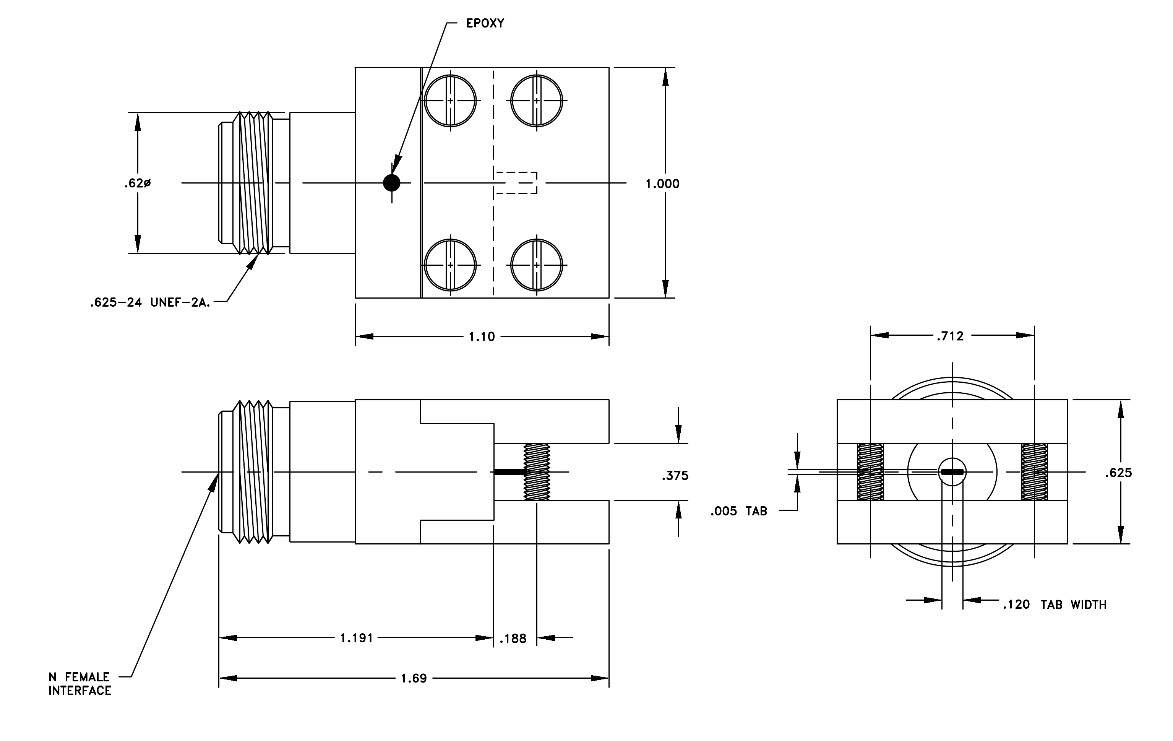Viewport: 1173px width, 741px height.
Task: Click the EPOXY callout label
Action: [485, 23]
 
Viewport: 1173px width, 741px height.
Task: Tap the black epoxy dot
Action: [392, 183]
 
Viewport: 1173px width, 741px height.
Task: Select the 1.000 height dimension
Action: [662, 184]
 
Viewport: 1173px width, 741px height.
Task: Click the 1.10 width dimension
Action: [482, 336]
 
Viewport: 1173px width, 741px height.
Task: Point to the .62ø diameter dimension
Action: [137, 184]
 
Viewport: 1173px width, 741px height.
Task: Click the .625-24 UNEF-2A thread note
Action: [150, 302]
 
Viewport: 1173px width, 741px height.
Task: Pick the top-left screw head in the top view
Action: [450, 101]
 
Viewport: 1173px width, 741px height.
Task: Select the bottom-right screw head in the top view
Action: [536, 265]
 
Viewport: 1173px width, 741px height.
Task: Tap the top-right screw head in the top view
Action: [536, 101]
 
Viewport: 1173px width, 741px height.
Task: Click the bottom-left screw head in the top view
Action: [450, 265]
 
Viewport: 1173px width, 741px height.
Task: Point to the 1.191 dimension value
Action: [357, 638]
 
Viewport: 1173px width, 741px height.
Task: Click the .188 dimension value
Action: [513, 639]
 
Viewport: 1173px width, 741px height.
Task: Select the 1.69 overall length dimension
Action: [414, 679]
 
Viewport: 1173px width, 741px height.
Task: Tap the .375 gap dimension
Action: [675, 476]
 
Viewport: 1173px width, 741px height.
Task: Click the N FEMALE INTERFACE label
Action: [80, 684]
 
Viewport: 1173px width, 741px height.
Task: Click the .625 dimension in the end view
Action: [1118, 473]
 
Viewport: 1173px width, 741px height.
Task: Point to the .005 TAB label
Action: [738, 512]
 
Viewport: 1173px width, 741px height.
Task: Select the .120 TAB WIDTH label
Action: [1055, 605]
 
